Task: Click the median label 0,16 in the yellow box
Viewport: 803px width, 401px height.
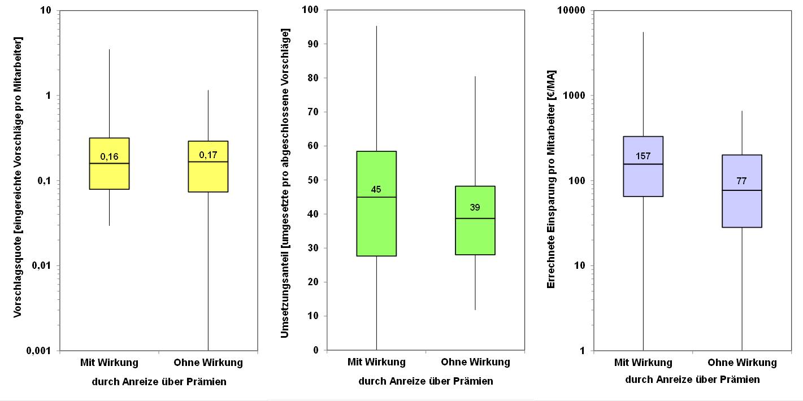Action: [x=109, y=156]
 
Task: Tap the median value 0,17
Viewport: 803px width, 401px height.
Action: [x=208, y=154]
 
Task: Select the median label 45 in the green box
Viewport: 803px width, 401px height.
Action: [x=376, y=189]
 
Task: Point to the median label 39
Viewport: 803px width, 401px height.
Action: [x=475, y=207]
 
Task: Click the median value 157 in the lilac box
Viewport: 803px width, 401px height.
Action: [x=643, y=156]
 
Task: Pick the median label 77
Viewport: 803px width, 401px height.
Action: [x=742, y=181]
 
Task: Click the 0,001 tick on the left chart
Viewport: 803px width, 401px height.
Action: [x=40, y=351]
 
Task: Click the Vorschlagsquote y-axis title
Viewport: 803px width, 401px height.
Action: [x=18, y=177]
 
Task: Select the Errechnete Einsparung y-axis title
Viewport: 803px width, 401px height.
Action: [x=552, y=179]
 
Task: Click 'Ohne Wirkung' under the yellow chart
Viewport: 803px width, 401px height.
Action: [x=208, y=363]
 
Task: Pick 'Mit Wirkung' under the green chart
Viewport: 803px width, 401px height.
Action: [x=376, y=362]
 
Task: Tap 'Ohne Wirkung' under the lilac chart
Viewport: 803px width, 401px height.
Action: [x=742, y=363]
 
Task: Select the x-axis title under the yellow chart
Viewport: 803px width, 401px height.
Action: [x=159, y=382]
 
